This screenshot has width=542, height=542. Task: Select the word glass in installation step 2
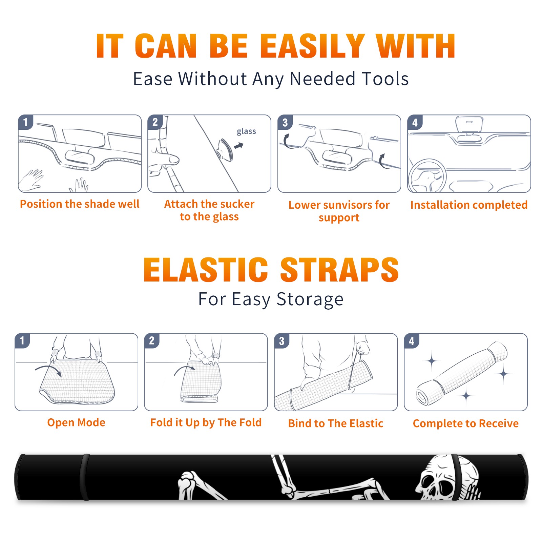click(x=246, y=131)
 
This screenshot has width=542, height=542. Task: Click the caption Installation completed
click(x=469, y=205)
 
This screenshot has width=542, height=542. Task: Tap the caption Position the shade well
click(x=80, y=204)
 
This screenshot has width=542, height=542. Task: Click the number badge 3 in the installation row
click(x=285, y=122)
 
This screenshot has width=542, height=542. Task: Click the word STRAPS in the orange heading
click(x=339, y=270)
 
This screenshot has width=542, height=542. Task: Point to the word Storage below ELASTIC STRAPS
click(x=310, y=299)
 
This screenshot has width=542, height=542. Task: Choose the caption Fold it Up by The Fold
click(x=206, y=423)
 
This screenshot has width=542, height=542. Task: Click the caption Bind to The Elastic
click(x=336, y=423)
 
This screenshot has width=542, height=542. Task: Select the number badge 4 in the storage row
click(x=412, y=341)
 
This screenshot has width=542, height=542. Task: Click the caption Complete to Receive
click(x=466, y=423)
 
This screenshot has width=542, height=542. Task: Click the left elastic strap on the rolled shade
click(x=85, y=477)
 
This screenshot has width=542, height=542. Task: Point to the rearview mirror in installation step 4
click(x=469, y=125)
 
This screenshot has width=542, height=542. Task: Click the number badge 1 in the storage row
click(x=22, y=341)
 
